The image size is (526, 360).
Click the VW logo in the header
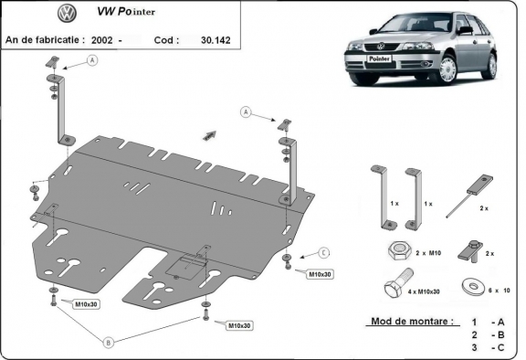[x=66, y=14]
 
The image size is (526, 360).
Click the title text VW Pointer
[x=132, y=15]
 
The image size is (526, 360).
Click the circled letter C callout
[x=323, y=252]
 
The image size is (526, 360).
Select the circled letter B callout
[x=109, y=343]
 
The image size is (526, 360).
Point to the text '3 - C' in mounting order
[x=486, y=347]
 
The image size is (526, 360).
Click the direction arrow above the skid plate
[x=210, y=133]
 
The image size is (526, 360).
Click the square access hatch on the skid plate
[x=190, y=263]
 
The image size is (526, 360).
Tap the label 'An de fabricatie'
[x=45, y=40]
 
